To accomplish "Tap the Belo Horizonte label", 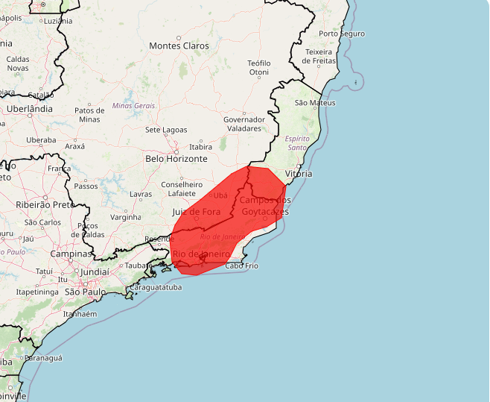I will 176,159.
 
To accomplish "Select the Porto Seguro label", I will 341,34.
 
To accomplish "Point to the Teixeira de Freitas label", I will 322,56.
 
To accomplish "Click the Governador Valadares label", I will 244,124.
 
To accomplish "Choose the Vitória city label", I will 299,174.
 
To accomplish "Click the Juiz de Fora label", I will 197,212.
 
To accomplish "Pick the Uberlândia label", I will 30,108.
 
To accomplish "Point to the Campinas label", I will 71,254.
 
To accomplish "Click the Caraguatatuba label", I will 155,286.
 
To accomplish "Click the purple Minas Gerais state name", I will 133,106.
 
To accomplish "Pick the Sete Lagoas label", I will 166,130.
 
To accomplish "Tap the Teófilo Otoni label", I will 258,68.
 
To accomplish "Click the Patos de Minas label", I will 89,115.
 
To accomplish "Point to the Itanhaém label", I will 80,314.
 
